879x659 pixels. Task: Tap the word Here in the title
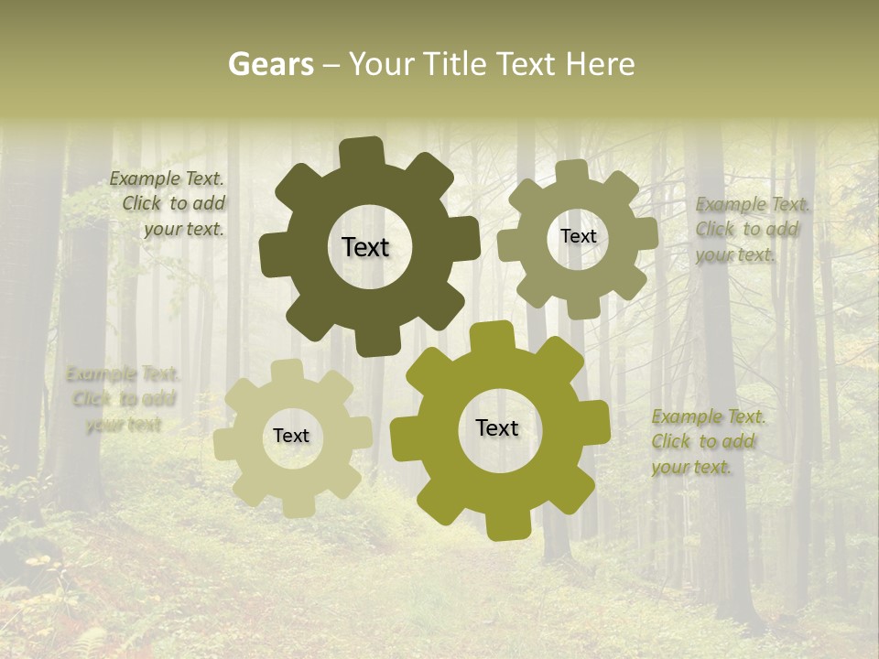[x=600, y=64]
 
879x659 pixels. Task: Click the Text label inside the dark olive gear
[x=365, y=247]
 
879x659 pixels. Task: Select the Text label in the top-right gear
[x=578, y=236]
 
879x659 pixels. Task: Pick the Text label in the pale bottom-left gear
[x=291, y=436]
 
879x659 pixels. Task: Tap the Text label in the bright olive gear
[x=497, y=427]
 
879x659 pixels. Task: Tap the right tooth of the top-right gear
[x=645, y=232]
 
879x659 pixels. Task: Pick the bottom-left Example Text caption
[x=123, y=399]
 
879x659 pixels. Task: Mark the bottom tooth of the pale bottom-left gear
[x=297, y=505]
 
